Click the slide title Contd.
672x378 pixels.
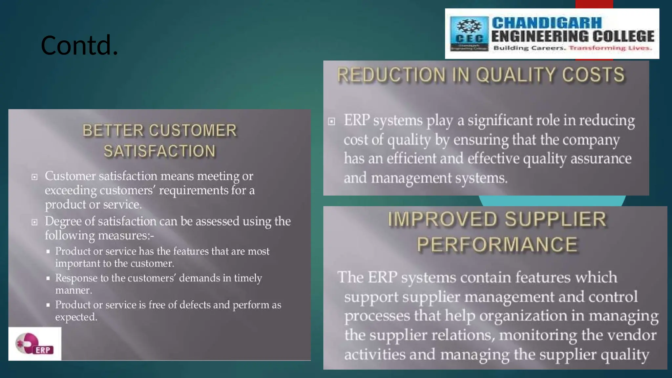(79, 45)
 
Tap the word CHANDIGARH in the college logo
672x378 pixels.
(547, 23)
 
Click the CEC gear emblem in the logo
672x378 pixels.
(469, 27)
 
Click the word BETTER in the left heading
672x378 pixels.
(113, 131)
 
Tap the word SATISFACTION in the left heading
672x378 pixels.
(160, 151)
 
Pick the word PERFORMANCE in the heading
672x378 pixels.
(497, 244)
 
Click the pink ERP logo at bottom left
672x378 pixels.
(34, 344)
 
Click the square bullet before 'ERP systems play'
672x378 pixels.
(332, 122)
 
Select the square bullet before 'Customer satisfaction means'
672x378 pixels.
(34, 177)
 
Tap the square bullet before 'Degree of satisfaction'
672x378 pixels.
(34, 222)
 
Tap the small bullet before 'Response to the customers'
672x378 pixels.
(48, 278)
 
